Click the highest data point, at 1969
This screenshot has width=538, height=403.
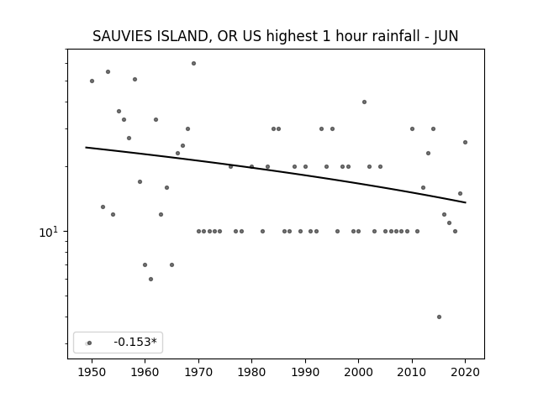193,64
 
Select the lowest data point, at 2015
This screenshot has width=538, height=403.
439,317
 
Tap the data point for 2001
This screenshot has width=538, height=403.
364,102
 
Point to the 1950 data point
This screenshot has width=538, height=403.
92,81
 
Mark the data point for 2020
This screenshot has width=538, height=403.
465,142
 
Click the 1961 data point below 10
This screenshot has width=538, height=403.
150,280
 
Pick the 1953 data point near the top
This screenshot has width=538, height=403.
108,72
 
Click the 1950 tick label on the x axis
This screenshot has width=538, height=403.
92,373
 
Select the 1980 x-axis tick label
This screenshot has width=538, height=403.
251,373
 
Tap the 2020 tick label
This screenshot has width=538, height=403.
465,373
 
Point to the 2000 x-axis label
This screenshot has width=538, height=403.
359,373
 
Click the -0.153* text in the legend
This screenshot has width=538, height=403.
135,342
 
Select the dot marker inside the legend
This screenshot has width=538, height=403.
89,343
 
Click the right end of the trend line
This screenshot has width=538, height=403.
466,202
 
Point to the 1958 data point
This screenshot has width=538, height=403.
134,80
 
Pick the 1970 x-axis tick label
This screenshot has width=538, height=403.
198,373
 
